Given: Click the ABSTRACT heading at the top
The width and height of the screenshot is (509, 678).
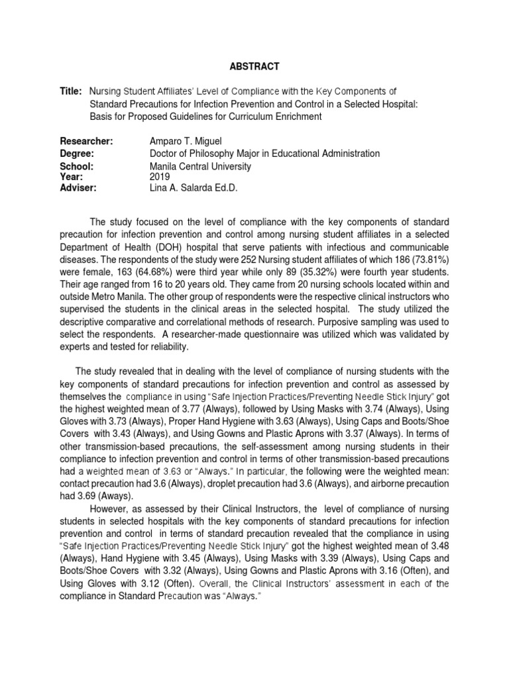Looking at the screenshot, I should [254, 66].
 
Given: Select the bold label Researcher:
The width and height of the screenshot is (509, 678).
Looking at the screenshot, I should [86, 142].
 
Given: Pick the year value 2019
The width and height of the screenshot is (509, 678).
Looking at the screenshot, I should [160, 177].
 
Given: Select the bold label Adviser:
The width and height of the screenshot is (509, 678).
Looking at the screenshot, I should [78, 188].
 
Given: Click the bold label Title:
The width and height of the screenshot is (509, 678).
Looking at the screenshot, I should [71, 91].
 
